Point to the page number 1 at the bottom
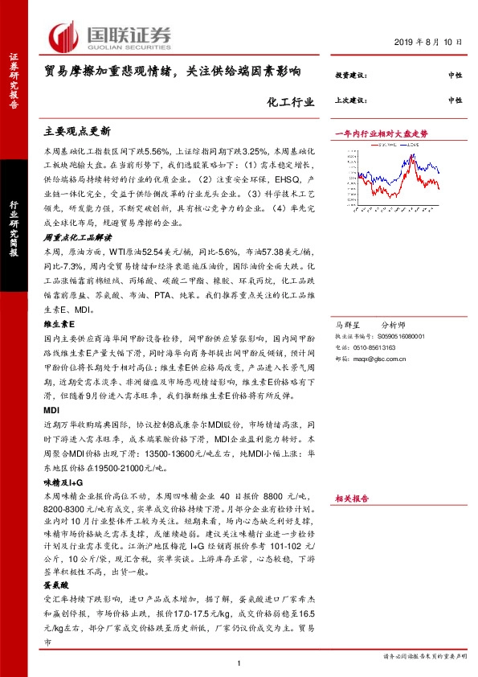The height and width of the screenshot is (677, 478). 239,663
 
